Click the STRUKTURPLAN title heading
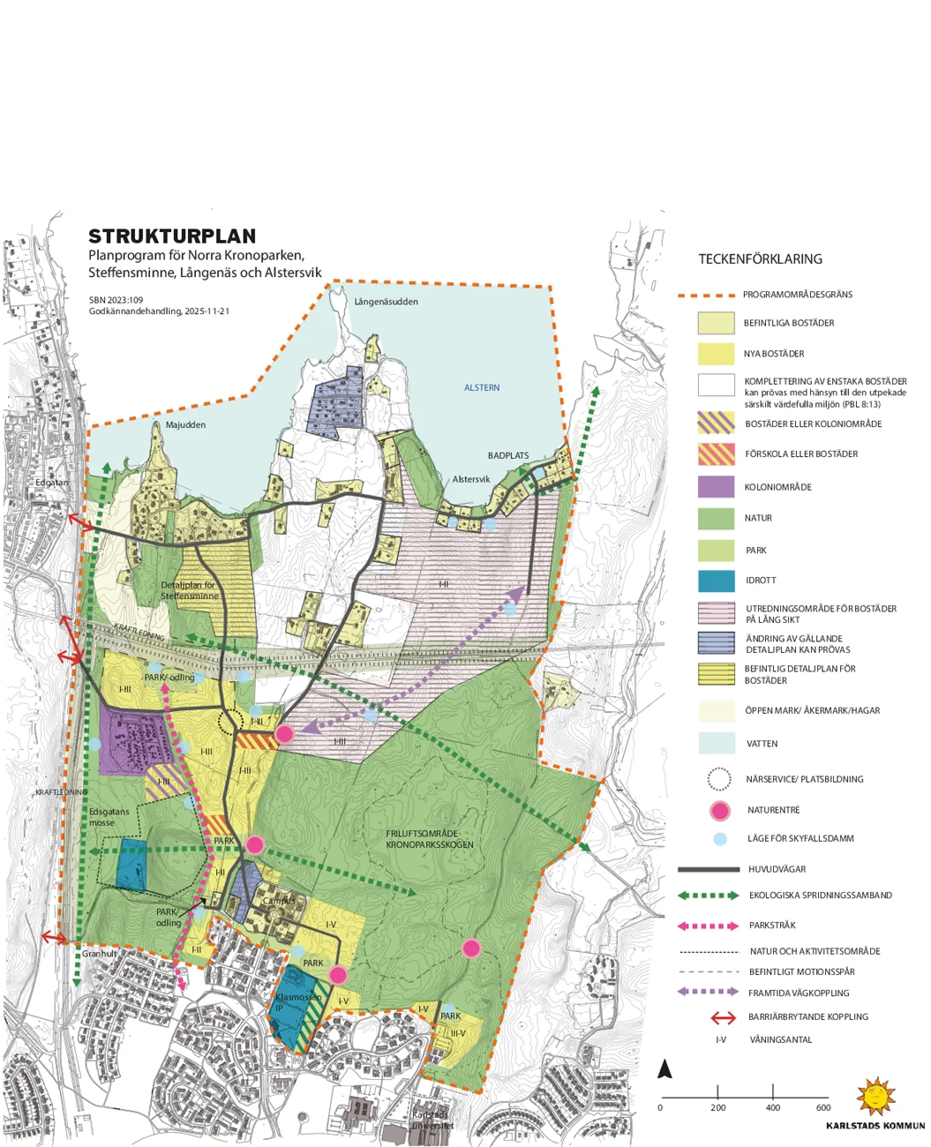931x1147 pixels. click(x=172, y=236)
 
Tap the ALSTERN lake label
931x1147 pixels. click(x=482, y=388)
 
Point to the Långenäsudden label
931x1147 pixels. click(x=386, y=302)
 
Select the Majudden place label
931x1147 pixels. click(x=185, y=425)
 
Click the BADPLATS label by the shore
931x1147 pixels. click(x=508, y=456)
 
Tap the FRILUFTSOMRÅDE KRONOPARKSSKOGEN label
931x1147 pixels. click(x=430, y=839)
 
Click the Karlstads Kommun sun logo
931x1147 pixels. click(x=876, y=1097)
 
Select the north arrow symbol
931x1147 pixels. click(x=665, y=1069)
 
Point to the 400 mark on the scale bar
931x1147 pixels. click(x=773, y=1108)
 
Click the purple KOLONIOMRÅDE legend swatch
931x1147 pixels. click(x=716, y=487)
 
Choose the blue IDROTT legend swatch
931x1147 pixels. click(x=716, y=581)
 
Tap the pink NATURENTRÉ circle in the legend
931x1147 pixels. click(x=720, y=810)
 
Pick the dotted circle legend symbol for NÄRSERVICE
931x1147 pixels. click(x=719, y=779)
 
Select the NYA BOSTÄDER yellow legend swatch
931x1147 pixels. click(x=716, y=354)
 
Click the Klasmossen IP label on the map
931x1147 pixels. click(x=297, y=1002)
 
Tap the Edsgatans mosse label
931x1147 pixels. click(x=109, y=817)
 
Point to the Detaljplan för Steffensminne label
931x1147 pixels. click(x=188, y=590)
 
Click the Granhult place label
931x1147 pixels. click(x=100, y=954)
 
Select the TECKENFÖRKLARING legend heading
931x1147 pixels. click(x=760, y=259)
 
